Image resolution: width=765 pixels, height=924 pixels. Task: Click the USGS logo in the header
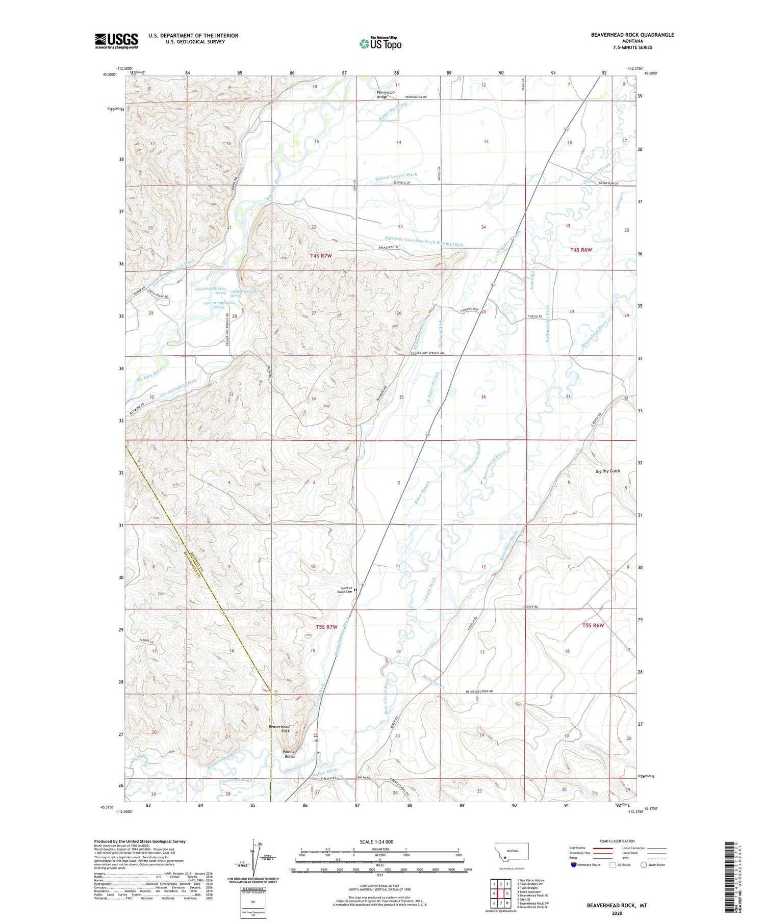pyautogui.click(x=116, y=41)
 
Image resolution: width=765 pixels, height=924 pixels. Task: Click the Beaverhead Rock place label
pyautogui.click(x=279, y=729)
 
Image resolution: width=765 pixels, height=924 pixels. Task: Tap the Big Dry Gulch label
pyautogui.click(x=608, y=471)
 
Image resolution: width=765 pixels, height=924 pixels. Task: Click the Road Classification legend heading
pyautogui.click(x=617, y=841)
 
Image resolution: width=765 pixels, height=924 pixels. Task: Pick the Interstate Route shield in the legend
pyautogui.click(x=573, y=865)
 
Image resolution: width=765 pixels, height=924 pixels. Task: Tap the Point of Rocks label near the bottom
pyautogui.click(x=290, y=754)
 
